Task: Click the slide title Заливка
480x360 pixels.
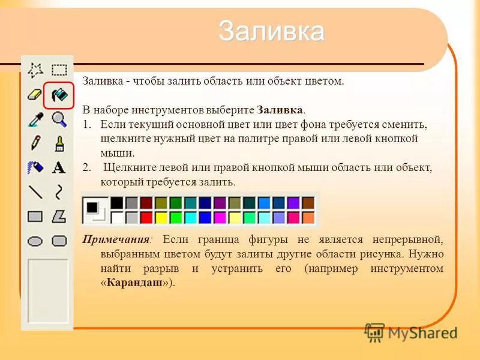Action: coord(271,31)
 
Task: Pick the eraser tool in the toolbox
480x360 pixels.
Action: coord(35,95)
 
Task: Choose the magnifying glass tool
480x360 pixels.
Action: coord(59,119)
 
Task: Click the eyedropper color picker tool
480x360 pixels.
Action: coord(35,119)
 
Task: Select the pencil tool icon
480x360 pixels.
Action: coord(35,143)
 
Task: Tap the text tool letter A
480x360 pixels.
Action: coord(59,167)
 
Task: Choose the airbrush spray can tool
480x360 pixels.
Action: coord(35,167)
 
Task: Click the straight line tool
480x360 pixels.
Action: coord(35,192)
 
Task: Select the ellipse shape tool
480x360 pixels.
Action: coord(35,241)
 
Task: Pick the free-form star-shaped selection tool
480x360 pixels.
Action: coord(35,70)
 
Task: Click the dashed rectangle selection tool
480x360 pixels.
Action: coord(59,70)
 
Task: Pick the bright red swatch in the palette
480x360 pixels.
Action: coord(146,217)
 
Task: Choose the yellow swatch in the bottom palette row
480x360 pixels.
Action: coord(161,217)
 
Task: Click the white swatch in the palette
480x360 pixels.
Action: coord(117,217)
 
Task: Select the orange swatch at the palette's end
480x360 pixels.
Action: coord(308,217)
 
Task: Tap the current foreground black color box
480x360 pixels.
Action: coord(92,207)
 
